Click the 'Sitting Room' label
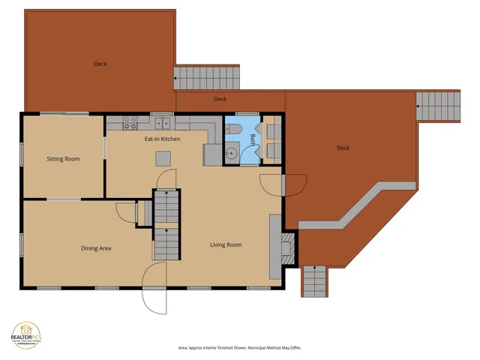tap(63, 159)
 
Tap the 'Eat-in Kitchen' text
tap(162, 139)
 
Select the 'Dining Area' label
tap(96, 247)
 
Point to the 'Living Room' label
tap(225, 244)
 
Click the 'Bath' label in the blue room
tap(253, 139)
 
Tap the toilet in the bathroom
tap(232, 130)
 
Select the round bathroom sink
tap(232, 153)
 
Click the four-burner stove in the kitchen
tap(130, 121)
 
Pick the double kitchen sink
tap(163, 122)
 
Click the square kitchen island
tap(163, 158)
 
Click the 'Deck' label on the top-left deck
tap(100, 64)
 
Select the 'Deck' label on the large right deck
tap(343, 148)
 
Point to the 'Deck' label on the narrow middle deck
tap(220, 99)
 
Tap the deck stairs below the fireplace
tap(315, 282)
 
